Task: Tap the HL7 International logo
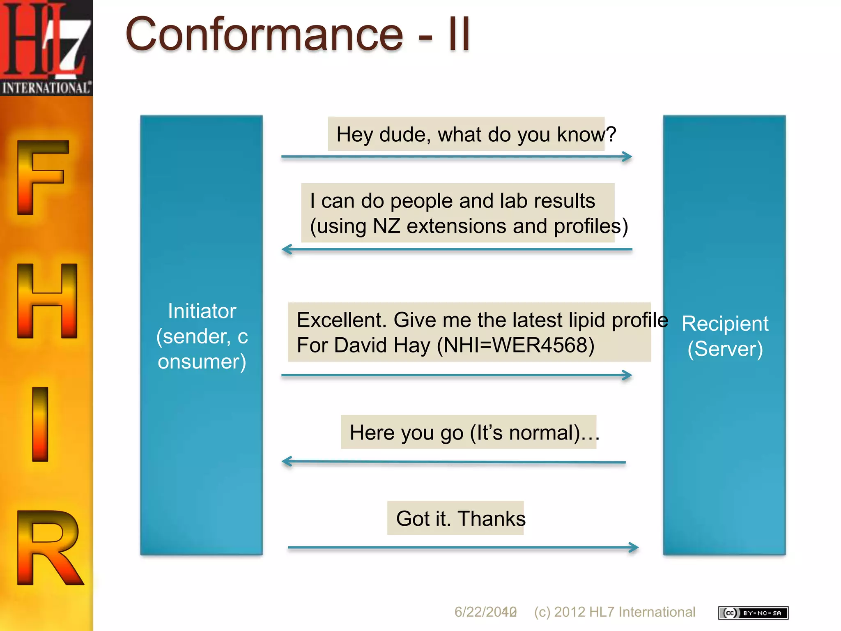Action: tap(46, 47)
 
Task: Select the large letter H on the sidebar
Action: tap(47, 301)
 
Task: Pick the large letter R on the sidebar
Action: tap(49, 548)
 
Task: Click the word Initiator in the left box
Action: tap(202, 311)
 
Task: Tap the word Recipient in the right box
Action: tap(725, 324)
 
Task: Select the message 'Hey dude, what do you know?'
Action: tap(476, 134)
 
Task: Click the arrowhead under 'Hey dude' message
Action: tap(627, 157)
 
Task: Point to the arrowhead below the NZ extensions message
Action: tap(287, 249)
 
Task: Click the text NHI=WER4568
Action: tap(516, 345)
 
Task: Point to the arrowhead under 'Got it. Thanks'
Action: tap(634, 547)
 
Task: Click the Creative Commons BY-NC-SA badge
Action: tap(753, 613)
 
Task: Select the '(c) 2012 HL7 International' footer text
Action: tap(614, 612)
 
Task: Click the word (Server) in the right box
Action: tap(725, 349)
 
